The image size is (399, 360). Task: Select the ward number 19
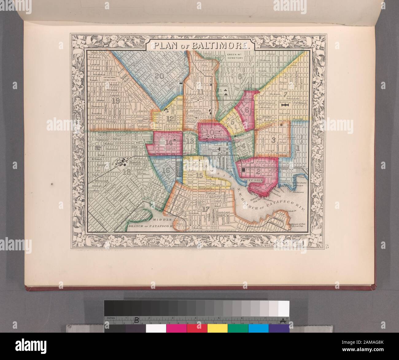(116, 100)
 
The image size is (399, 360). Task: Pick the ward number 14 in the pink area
(169, 142)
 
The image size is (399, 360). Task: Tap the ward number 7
(285, 94)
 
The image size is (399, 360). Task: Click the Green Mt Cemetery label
(235, 56)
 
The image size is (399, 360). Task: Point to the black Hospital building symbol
(285, 105)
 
